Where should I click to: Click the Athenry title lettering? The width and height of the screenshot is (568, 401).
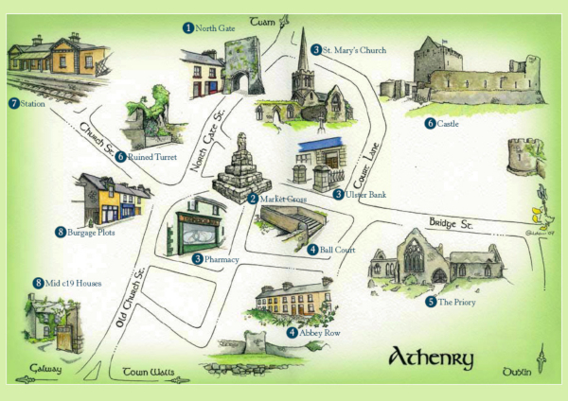point(431,358)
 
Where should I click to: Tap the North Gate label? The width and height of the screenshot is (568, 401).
point(215,28)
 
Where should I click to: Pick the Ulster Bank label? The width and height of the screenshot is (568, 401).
point(364,194)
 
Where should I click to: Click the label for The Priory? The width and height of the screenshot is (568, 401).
point(455,303)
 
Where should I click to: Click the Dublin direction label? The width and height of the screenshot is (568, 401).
point(516,370)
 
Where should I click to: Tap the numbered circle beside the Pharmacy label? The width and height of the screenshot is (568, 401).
point(198,259)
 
